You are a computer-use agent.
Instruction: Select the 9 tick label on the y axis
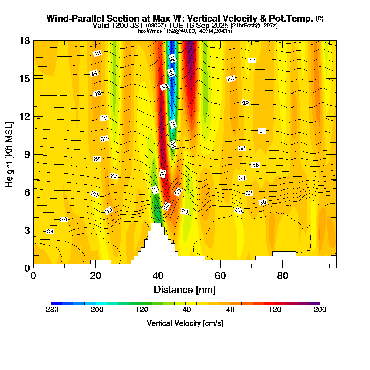[27, 154]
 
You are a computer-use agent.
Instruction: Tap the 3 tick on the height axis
[27, 230]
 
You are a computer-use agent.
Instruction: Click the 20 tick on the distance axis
[96, 276]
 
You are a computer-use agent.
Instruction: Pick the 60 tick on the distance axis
[220, 276]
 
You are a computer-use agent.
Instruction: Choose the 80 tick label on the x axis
[283, 276]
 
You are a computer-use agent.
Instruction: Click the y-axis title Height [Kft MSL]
[10, 154]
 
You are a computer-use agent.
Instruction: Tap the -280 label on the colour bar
[51, 310]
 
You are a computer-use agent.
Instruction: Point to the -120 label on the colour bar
[141, 310]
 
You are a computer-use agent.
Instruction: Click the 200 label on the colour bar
[320, 310]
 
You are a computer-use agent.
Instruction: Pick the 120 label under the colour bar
[275, 310]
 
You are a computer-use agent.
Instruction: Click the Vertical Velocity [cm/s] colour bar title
[185, 323]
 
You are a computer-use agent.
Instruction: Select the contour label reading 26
[50, 231]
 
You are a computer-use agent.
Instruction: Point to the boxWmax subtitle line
[185, 31]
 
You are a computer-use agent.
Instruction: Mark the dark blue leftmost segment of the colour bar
[57, 303]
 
